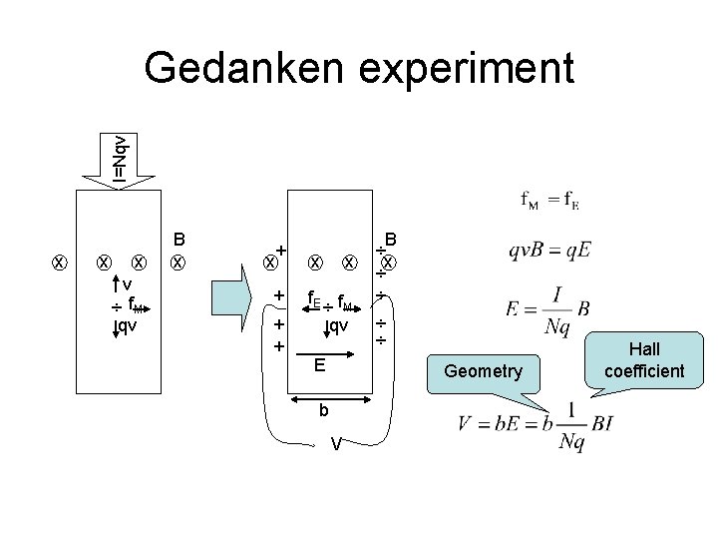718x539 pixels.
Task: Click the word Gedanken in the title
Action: (245, 68)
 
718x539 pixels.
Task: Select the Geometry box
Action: (483, 371)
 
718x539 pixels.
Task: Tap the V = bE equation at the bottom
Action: (535, 423)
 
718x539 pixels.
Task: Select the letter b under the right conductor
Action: (322, 410)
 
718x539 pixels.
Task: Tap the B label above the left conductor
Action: (179, 240)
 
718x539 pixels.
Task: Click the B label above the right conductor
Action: (392, 240)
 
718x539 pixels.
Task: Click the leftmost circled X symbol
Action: (60, 263)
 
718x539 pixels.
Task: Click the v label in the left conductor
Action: (127, 284)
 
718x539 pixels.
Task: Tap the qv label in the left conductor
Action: (127, 324)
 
